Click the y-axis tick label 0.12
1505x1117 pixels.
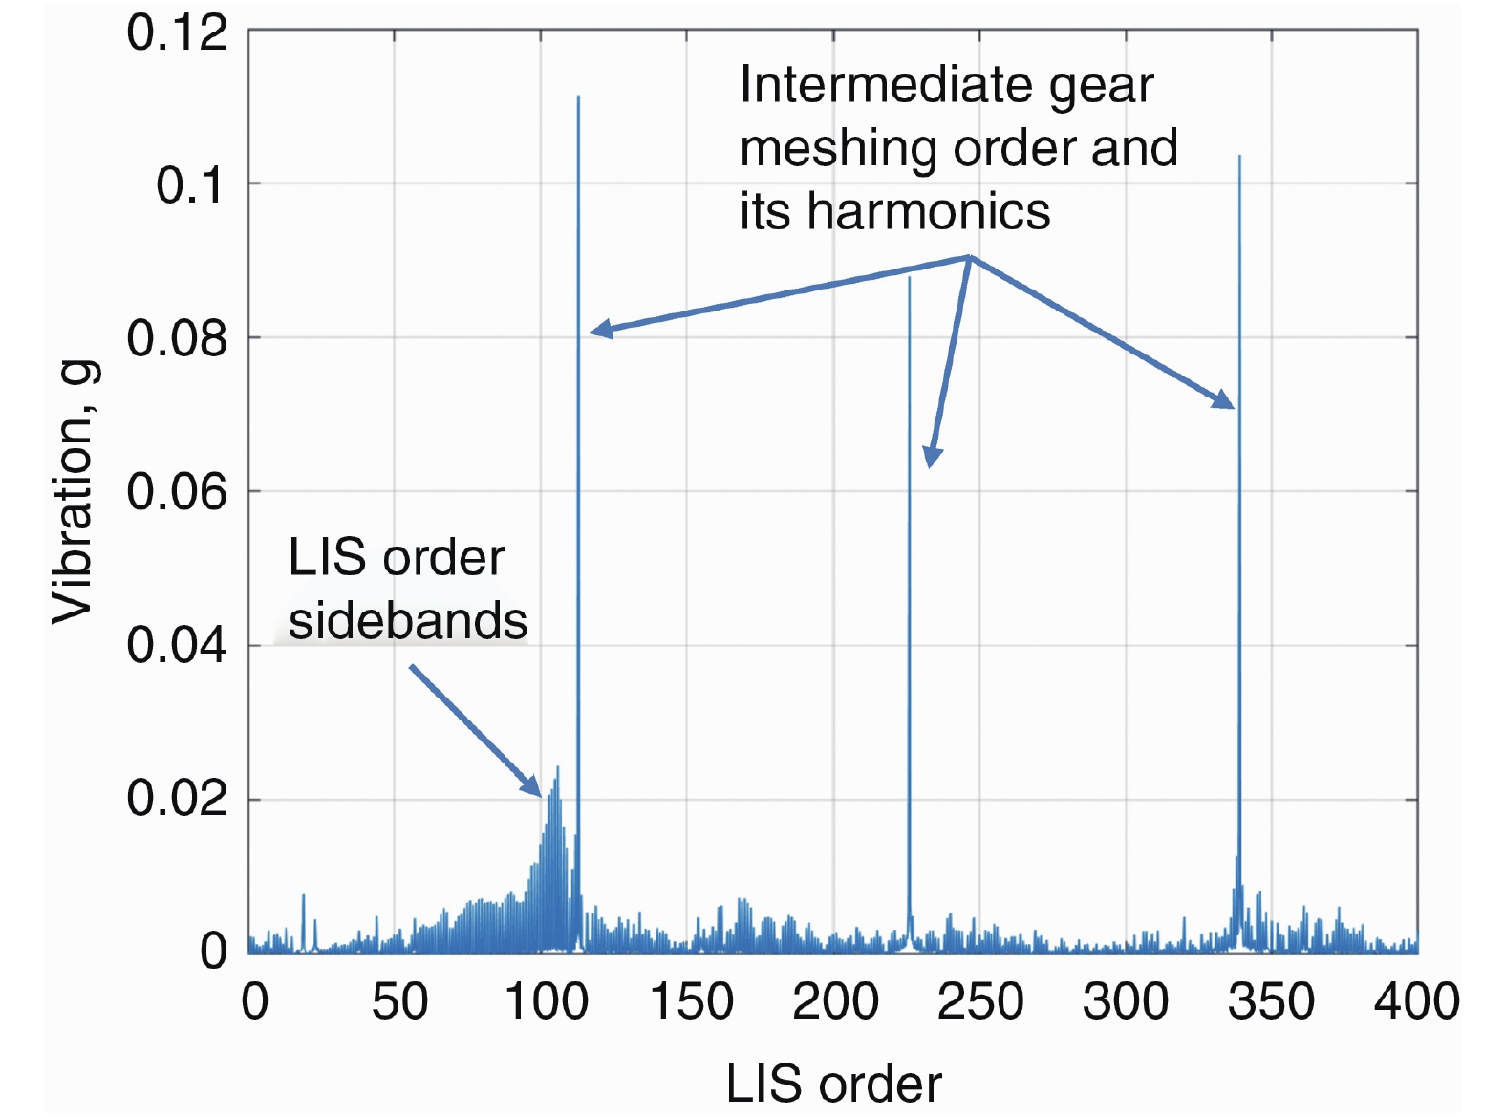coord(177,32)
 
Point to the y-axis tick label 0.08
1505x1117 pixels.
coord(177,338)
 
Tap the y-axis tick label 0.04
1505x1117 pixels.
coord(177,645)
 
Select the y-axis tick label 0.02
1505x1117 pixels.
coord(177,798)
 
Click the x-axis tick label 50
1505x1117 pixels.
coord(399,1002)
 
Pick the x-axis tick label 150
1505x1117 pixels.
coord(691,1002)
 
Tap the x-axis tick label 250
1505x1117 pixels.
coord(980,1002)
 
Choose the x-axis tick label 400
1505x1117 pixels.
coord(1416,1002)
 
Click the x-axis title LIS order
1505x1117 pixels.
coord(833,1084)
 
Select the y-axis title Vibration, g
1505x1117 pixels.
coord(74,492)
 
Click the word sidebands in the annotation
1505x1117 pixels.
coord(408,621)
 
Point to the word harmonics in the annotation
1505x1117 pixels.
coord(928,211)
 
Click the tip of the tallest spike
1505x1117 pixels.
coord(578,97)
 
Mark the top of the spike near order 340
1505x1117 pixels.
coord(1239,157)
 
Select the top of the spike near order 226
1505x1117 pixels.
coord(909,278)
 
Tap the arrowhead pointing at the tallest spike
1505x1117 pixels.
coord(593,332)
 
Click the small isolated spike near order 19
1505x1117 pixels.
coord(303,896)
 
